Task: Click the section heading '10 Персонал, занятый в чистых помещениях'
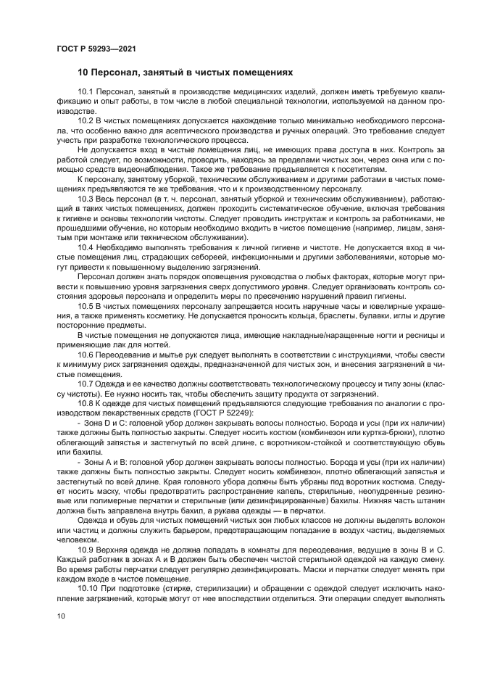[x=186, y=73]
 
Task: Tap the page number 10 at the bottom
[x=61, y=615]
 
